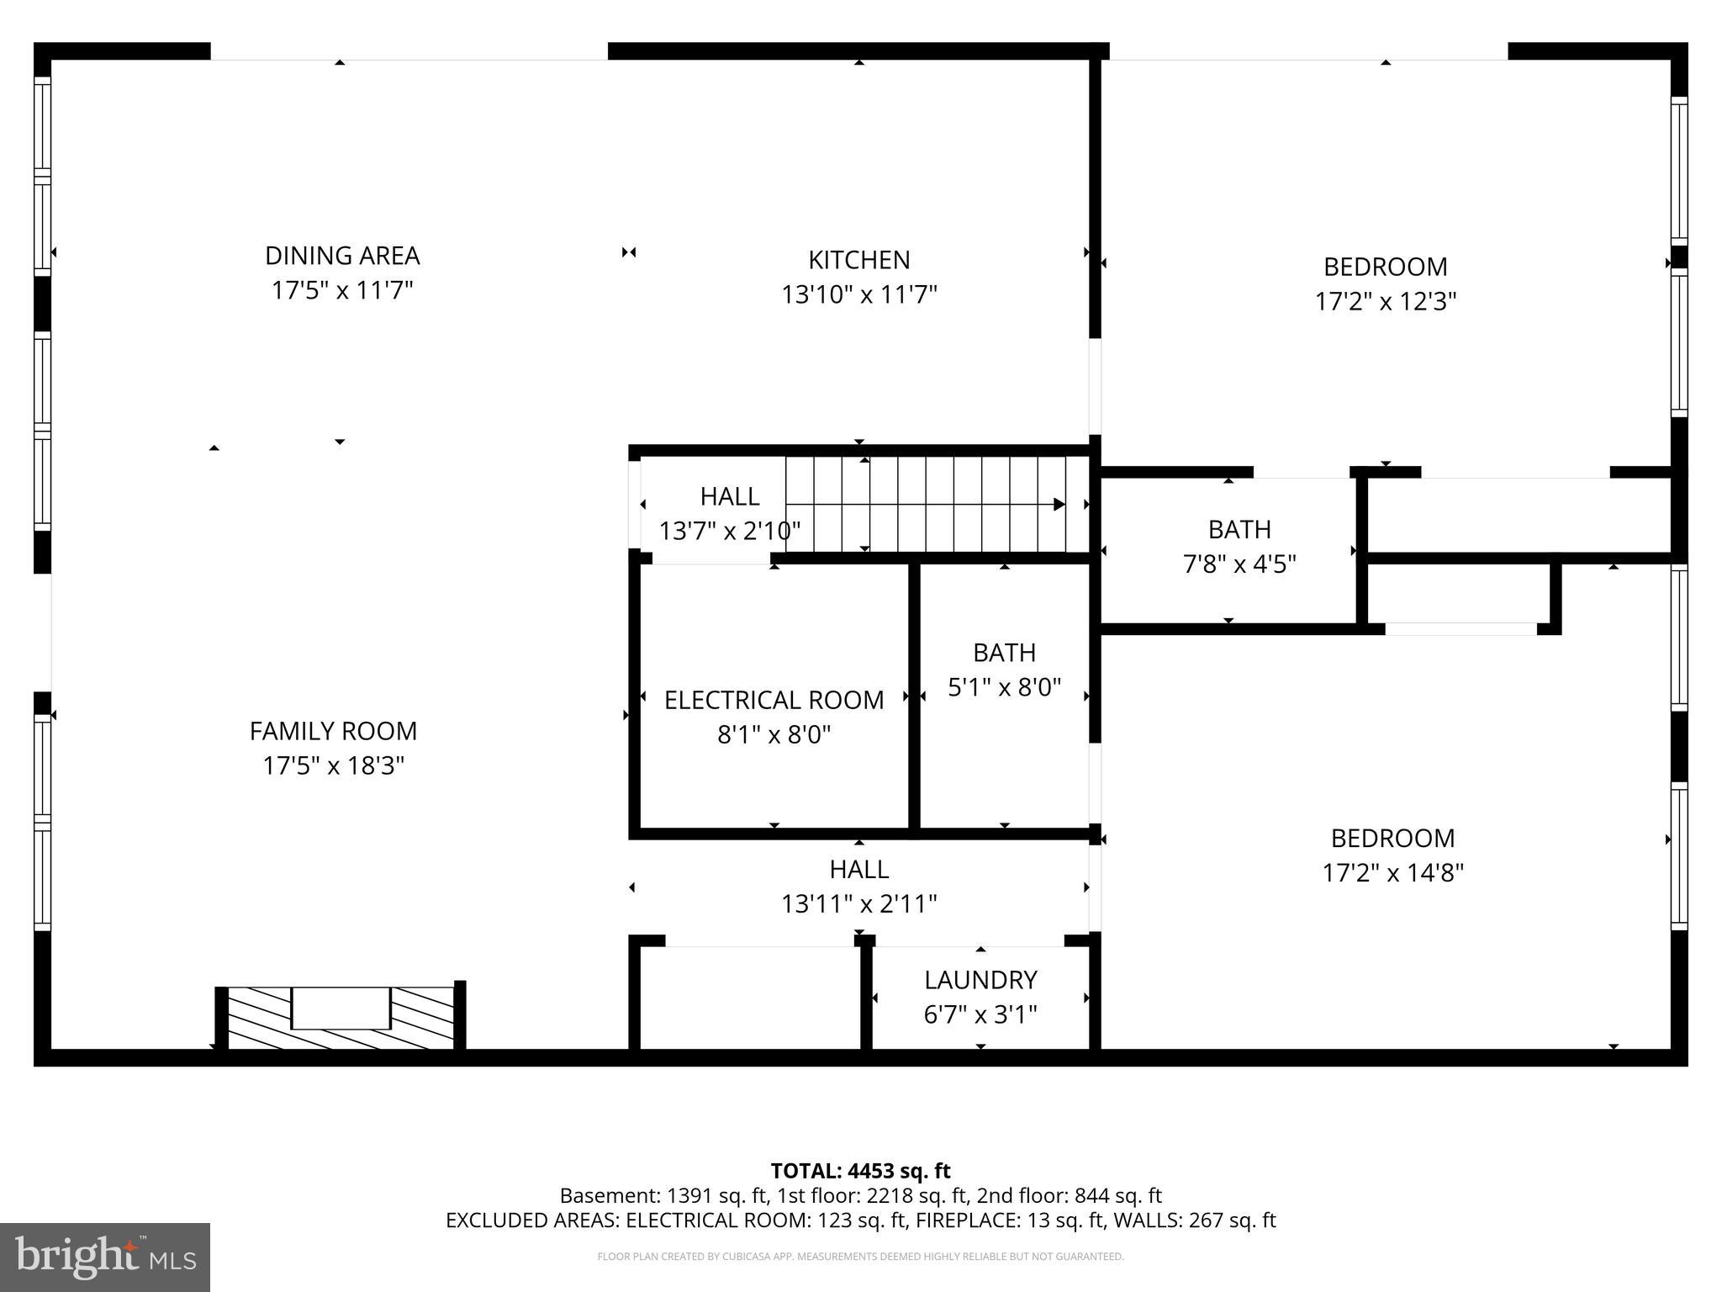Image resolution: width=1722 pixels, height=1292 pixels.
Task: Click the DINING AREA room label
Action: click(x=342, y=256)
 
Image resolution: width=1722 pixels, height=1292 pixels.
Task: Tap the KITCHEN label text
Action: click(x=858, y=260)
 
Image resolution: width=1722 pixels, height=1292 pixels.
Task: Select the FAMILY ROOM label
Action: click(x=333, y=731)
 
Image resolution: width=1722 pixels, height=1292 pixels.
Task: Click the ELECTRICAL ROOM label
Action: click(x=774, y=700)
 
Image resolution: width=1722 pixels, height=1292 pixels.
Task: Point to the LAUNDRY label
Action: click(x=980, y=980)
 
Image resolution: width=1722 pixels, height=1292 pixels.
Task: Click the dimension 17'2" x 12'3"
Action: click(x=1385, y=302)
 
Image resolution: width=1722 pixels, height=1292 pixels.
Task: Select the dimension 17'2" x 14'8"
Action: click(x=1392, y=873)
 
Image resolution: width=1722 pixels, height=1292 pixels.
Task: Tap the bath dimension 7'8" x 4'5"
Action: click(x=1239, y=564)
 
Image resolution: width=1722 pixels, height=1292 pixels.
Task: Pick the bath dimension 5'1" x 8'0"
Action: click(x=1004, y=688)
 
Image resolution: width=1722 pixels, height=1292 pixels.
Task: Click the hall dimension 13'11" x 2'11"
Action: click(x=858, y=904)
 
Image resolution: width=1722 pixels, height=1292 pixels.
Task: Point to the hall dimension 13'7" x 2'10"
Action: click(x=729, y=532)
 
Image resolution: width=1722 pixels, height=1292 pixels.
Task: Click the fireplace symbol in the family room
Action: click(x=341, y=1017)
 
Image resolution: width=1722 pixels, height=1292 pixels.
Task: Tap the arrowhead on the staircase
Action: click(x=1059, y=505)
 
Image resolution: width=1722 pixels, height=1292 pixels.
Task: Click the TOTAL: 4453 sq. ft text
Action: click(x=860, y=1171)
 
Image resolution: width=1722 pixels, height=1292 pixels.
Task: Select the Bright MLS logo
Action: click(x=105, y=1257)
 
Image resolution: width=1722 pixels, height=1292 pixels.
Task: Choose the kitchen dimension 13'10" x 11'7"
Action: click(x=858, y=295)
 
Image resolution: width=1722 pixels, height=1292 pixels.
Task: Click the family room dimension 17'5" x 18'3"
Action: click(x=333, y=766)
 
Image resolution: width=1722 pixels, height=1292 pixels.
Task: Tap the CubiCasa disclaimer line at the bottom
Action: click(x=860, y=1257)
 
